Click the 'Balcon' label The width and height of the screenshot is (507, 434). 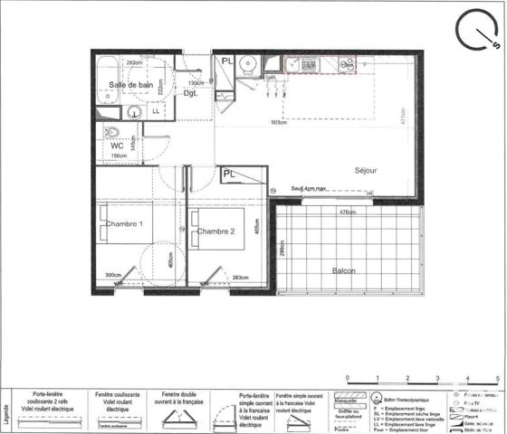pos(343,271)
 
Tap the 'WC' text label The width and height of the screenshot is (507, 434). pos(117,145)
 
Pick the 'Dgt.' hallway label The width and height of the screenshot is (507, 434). pos(191,93)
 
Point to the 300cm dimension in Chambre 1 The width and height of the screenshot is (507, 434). pos(113,275)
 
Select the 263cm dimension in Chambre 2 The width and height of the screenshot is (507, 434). pos(241,277)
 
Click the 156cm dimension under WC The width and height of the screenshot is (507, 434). pos(118,156)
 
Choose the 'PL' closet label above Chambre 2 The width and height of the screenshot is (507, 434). pos(229,173)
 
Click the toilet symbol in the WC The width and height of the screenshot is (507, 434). pos(109,132)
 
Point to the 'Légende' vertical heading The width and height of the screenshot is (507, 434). pos(7,411)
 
